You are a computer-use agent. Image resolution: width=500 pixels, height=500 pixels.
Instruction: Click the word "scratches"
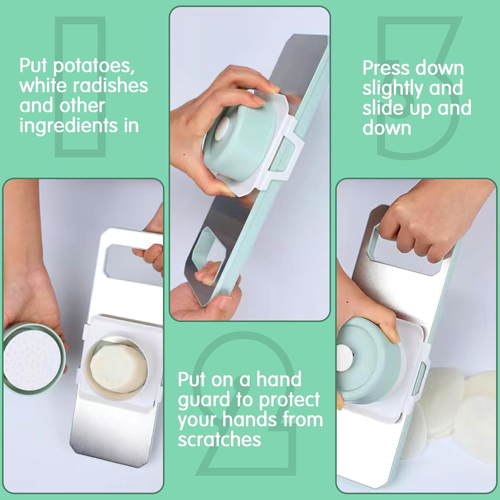(219, 439)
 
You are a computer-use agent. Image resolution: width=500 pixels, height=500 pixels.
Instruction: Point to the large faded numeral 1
(80, 87)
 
